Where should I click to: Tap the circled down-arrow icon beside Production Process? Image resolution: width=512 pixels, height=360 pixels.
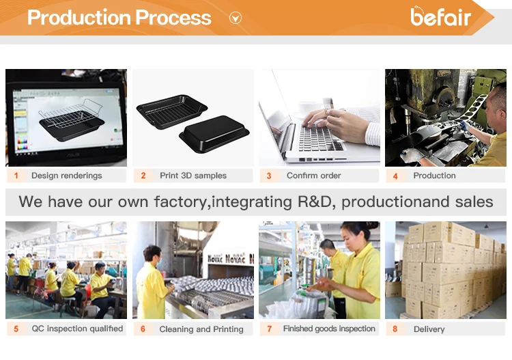(236, 18)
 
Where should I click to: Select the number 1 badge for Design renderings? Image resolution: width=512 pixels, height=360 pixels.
(16, 176)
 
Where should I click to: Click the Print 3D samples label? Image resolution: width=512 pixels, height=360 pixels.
(193, 176)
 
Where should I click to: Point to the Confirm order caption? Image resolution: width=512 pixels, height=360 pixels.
(313, 176)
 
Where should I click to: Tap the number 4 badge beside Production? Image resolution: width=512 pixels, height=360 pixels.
(395, 176)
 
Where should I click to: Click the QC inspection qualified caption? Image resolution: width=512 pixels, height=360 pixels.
(77, 329)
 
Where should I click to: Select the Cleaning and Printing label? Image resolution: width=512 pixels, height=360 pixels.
(201, 329)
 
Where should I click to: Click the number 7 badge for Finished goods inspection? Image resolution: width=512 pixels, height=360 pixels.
(269, 329)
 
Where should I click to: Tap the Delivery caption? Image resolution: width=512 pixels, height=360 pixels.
(429, 329)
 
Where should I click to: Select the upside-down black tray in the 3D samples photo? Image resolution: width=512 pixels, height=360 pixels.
(212, 133)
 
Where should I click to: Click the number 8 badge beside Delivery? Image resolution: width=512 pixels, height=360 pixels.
(395, 329)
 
